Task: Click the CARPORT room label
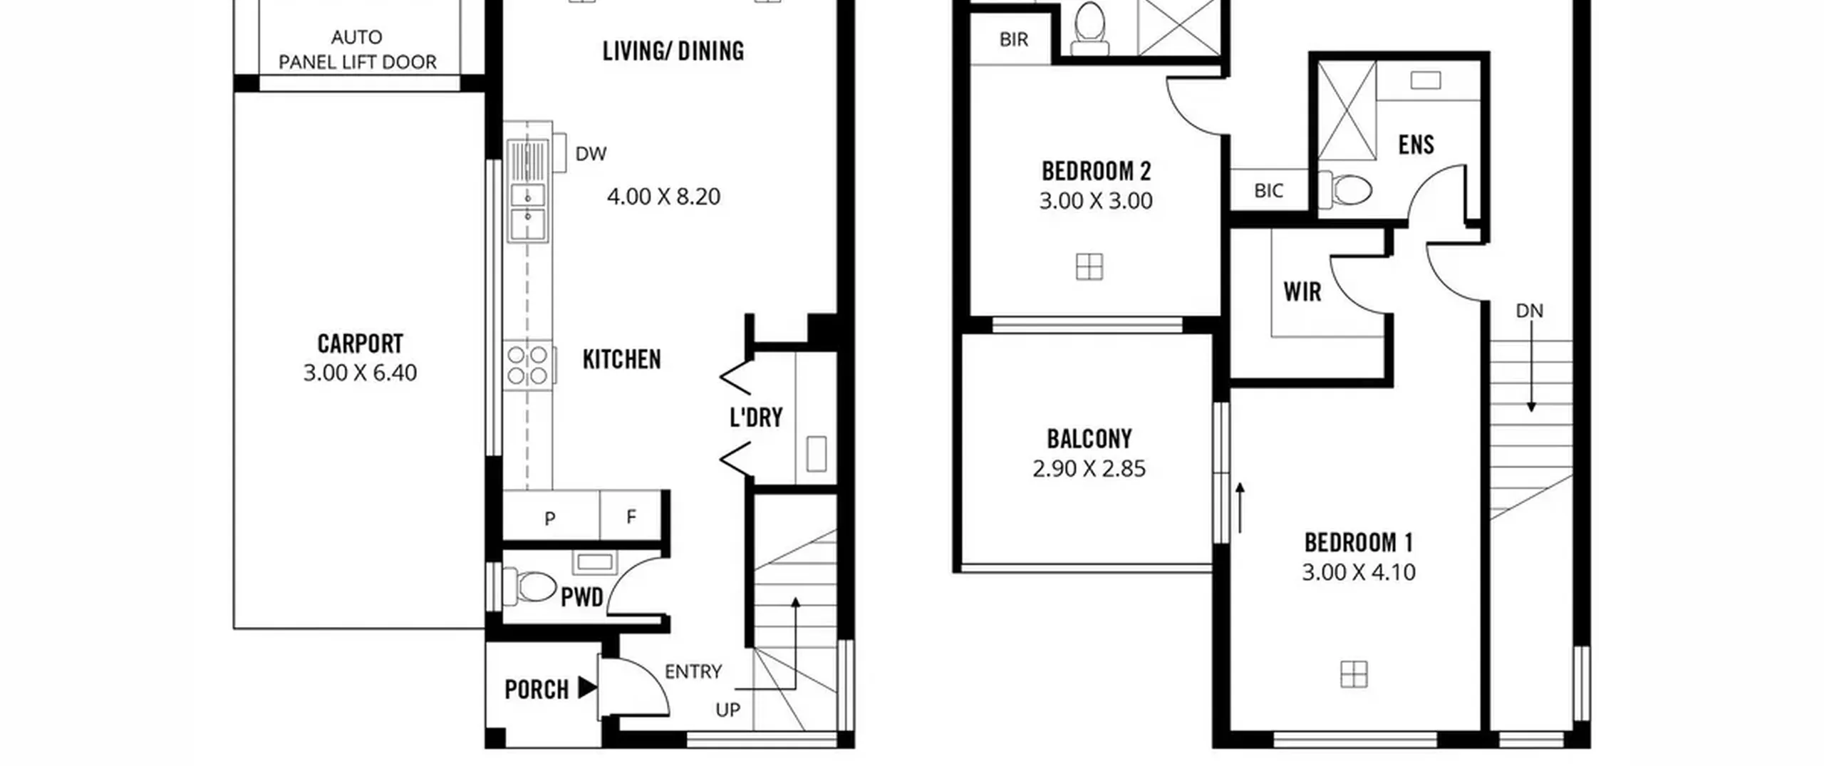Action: [360, 344]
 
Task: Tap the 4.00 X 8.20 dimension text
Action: [663, 197]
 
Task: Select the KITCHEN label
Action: [621, 359]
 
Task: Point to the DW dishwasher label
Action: [591, 154]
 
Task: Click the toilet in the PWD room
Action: [530, 586]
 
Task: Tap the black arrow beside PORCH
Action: [587, 688]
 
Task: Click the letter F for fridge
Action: [631, 517]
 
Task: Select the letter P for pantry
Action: [549, 519]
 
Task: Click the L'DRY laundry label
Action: [756, 417]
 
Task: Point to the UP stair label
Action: [727, 710]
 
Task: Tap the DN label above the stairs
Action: [1529, 311]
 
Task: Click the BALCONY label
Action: [1089, 439]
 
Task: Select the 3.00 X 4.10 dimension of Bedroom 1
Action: [1358, 572]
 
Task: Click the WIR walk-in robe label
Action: [1302, 291]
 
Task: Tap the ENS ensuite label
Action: [1416, 145]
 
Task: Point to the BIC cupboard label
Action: [1268, 191]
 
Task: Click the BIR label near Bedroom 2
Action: [1014, 39]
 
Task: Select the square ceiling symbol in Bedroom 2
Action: [1089, 267]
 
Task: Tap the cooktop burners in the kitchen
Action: [528, 365]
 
